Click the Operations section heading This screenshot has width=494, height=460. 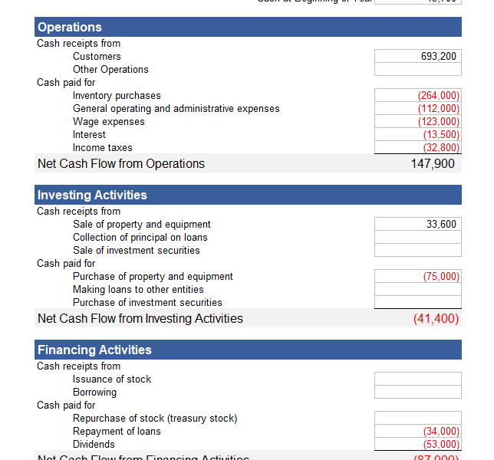[x=70, y=28]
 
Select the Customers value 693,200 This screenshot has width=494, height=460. [x=418, y=56]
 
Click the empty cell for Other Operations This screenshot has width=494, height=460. [x=418, y=69]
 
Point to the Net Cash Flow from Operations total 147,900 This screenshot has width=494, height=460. [x=432, y=163]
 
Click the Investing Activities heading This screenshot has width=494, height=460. [x=92, y=195]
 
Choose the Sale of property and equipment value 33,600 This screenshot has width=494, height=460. [x=418, y=224]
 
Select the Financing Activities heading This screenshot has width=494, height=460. [x=94, y=350]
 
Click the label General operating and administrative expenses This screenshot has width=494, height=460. [x=176, y=108]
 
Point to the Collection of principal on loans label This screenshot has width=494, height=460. [x=140, y=237]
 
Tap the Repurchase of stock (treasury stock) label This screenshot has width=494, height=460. [x=155, y=418]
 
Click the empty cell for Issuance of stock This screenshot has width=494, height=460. [x=418, y=379]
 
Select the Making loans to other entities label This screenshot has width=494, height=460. [x=138, y=289]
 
